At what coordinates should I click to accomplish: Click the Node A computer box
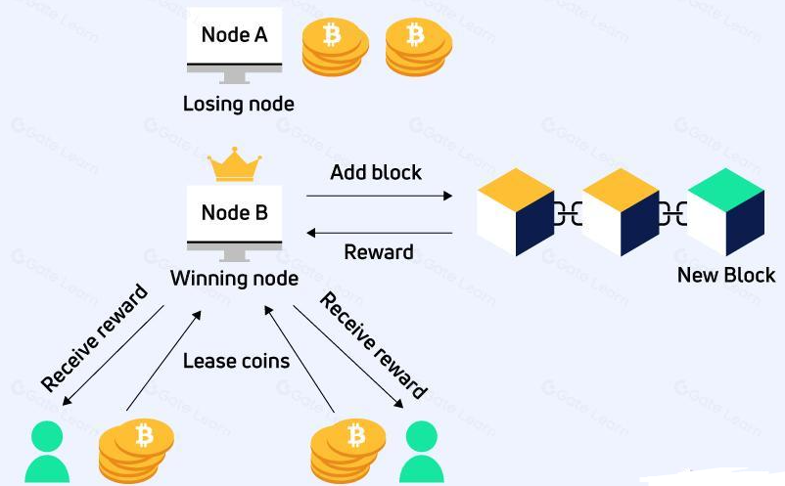(234, 39)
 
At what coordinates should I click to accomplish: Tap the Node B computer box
(234, 213)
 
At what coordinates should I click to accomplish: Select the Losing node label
(238, 103)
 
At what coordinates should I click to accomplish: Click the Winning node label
(234, 279)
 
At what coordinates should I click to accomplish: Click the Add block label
(376, 172)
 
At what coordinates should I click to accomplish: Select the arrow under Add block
(379, 197)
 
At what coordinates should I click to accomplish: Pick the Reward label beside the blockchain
(379, 252)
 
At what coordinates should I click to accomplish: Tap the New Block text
(726, 275)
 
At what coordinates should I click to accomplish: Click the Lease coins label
(237, 361)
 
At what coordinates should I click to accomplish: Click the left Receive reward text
(94, 337)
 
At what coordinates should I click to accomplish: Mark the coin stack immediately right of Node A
(334, 46)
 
